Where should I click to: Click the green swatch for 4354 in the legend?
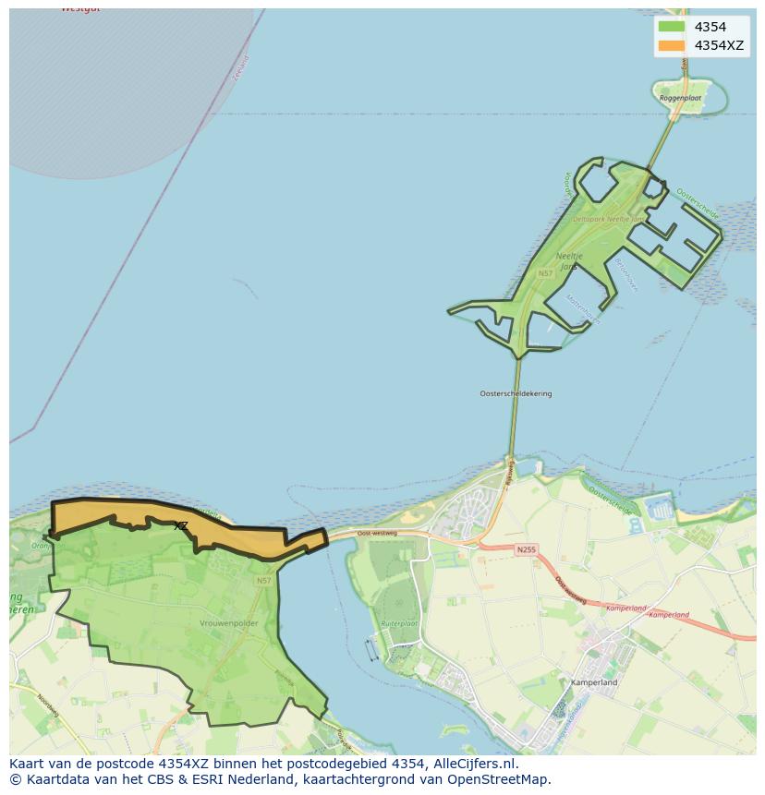(672, 27)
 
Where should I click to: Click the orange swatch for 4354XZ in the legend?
(672, 45)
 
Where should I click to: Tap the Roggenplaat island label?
(680, 97)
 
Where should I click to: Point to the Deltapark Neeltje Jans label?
(607, 220)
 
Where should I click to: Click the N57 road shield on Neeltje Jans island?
(545, 273)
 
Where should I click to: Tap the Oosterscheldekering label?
(516, 393)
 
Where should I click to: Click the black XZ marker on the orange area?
(181, 525)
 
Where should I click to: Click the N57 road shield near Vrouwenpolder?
(264, 580)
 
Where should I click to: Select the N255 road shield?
(525, 549)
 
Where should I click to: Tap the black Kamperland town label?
(594, 682)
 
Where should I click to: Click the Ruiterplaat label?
(400, 623)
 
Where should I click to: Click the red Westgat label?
(80, 8)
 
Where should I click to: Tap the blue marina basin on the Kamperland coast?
(661, 507)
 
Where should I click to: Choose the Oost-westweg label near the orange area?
(377, 533)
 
